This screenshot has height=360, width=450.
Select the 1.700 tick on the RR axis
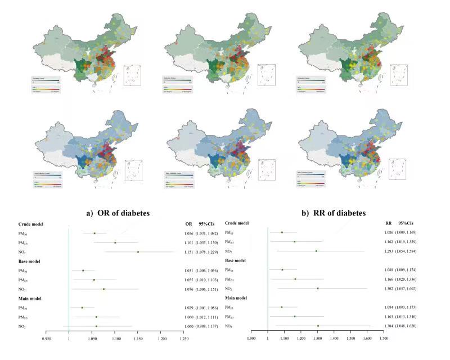point(384,339)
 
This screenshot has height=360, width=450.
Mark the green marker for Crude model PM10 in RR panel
point(282,232)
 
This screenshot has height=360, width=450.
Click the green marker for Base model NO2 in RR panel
point(318,289)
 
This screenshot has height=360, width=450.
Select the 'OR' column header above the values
point(188,224)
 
